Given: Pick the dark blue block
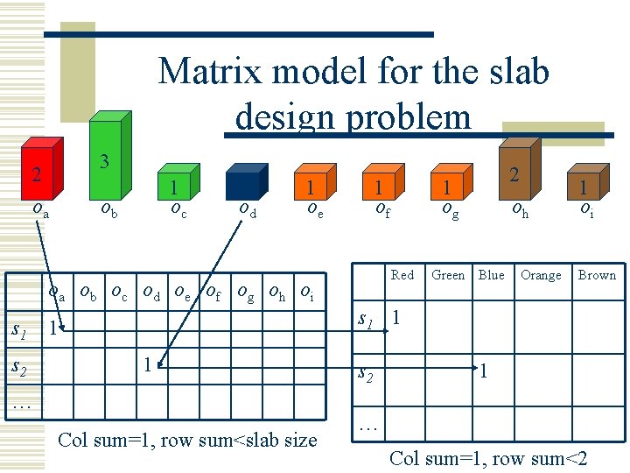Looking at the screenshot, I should (x=242, y=185).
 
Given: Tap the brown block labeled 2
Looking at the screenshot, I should (x=518, y=171).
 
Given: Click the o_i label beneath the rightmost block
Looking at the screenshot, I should (x=587, y=210).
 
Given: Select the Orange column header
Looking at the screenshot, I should (x=541, y=275).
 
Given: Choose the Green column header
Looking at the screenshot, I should (x=448, y=275).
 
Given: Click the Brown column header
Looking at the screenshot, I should (x=597, y=275).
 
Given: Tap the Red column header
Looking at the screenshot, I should (x=402, y=275).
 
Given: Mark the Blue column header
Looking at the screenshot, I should (x=491, y=275).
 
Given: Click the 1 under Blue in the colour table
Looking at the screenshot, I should (x=481, y=371).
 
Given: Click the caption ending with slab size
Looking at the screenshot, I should (x=186, y=440).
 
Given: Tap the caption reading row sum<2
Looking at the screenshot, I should (x=488, y=458).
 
